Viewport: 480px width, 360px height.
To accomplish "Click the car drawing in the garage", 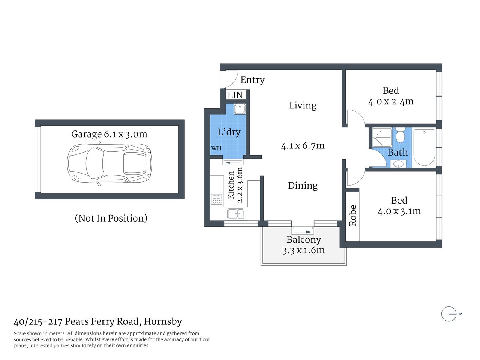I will pos(109,163).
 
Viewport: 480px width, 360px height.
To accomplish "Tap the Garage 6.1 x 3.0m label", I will pos(109,134).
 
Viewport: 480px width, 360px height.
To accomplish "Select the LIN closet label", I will pos(235,95).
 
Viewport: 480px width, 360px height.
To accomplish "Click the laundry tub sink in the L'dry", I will pos(239,109).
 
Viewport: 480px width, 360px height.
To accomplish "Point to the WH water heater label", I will pos(216,148).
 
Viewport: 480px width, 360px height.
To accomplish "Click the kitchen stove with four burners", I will pos(217,199).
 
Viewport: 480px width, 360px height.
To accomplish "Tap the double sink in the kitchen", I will pos(235,214).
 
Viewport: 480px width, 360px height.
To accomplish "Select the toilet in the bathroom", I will pos(400,135).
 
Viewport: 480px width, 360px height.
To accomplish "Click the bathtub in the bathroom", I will pos(424,147).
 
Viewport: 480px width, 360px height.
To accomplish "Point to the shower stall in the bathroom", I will pos(382,137).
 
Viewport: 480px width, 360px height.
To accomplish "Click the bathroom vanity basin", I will pos(397,164).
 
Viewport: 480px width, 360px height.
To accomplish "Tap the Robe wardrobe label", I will pos(352,216).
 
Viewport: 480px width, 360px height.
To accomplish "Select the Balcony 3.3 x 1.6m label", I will pos(304,245).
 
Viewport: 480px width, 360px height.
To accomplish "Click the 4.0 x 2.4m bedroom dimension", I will pos(391,102).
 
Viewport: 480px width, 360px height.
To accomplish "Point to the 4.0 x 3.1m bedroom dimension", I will pos(399,211).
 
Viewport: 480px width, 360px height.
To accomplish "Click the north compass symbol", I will pos(449,314).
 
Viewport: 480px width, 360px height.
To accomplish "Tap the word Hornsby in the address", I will pos(163,321).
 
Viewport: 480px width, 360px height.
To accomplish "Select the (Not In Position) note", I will pos(111,218).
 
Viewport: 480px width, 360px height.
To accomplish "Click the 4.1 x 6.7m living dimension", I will pos(303,146).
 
